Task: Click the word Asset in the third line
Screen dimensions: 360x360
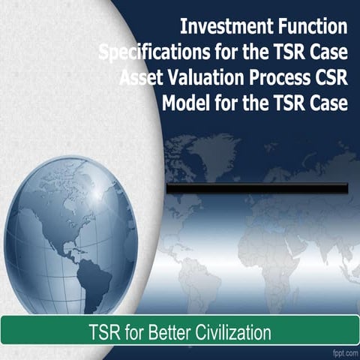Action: coord(141,79)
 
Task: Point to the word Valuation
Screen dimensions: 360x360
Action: coord(204,79)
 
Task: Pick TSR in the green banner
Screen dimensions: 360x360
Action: coord(103,331)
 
